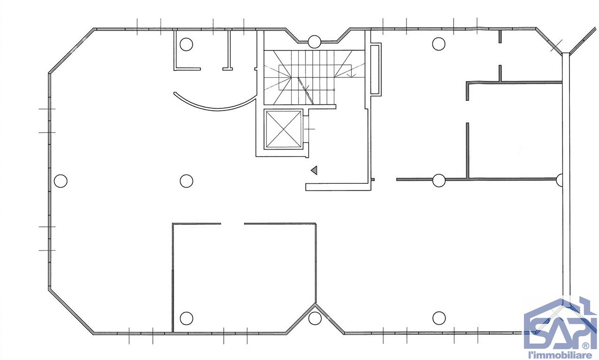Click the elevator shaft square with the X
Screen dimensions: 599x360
tap(283, 129)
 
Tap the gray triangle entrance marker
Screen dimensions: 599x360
tap(314, 170)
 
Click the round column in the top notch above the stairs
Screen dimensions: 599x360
tap(314, 42)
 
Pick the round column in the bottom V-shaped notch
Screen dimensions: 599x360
tap(315, 318)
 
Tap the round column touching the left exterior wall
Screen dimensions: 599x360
tap(61, 181)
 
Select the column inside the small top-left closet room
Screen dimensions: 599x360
tap(186, 45)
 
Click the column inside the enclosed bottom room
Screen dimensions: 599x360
tap(186, 318)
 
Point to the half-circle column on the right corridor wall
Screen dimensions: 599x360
tap(560, 180)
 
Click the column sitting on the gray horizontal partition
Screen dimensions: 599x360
tap(439, 180)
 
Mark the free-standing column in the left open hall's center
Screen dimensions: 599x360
tap(186, 181)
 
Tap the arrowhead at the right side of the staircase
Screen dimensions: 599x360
tap(351, 75)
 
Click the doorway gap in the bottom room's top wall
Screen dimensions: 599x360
tap(232, 224)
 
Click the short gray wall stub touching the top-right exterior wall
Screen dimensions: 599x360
tap(500, 37)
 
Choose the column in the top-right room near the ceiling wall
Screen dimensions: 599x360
tap(439, 44)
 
